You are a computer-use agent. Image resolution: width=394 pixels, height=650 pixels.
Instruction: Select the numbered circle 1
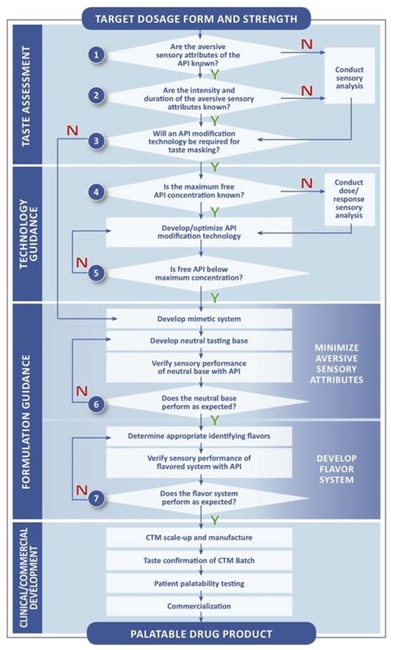[x=97, y=55]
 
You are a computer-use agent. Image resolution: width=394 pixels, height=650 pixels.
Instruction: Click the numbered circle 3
[x=97, y=141]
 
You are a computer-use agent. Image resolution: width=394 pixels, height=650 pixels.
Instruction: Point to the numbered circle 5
[x=97, y=270]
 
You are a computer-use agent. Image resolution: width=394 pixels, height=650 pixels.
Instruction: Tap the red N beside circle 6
[x=81, y=390]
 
